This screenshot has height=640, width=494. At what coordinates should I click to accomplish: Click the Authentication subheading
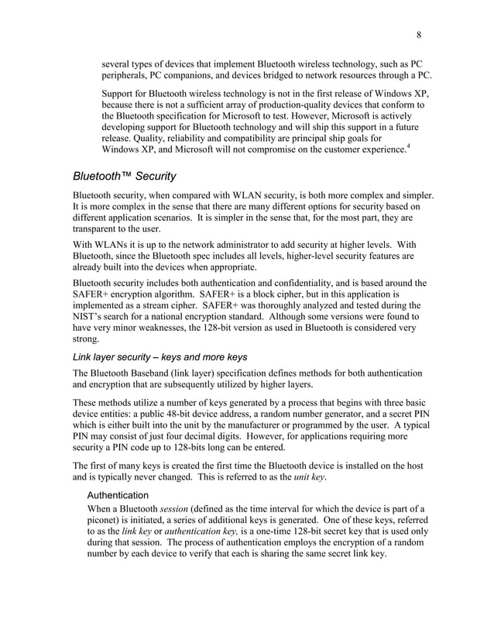pos(118,493)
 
